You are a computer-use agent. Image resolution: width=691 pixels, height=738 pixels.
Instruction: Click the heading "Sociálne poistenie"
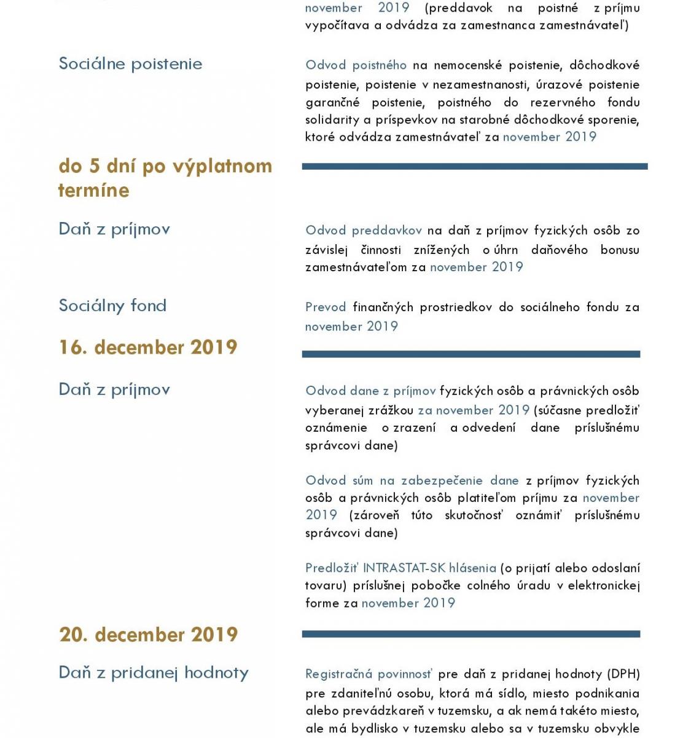[x=130, y=64]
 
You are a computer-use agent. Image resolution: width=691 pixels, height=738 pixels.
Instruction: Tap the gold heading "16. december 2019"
[x=148, y=347]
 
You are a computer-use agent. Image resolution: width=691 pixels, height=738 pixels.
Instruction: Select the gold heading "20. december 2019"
[x=149, y=635]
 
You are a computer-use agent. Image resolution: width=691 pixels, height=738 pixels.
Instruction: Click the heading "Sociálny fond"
[x=112, y=306]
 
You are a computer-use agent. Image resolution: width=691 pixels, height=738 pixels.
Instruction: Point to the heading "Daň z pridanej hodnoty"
[x=154, y=673]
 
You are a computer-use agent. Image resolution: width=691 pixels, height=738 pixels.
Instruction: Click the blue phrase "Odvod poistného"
[x=356, y=65]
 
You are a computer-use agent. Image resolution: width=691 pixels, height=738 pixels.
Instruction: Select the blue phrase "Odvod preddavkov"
[x=364, y=231]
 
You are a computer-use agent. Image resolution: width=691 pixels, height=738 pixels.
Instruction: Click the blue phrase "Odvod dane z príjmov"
[x=370, y=391]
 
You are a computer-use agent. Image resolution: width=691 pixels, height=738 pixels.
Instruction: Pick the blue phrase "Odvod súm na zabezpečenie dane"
[x=412, y=480]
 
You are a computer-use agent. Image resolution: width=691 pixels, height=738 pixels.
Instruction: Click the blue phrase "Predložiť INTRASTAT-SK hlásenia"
[x=400, y=568]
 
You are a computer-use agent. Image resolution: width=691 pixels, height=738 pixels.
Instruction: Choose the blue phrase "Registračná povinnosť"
[x=369, y=674]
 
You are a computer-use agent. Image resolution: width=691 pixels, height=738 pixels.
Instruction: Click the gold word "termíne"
[x=94, y=190]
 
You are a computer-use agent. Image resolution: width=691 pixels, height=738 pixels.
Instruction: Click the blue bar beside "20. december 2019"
[x=471, y=634]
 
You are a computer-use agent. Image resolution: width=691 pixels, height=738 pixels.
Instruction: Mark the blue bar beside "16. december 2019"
[x=471, y=354]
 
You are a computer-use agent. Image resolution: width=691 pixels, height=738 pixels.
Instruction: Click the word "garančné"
[x=332, y=102]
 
